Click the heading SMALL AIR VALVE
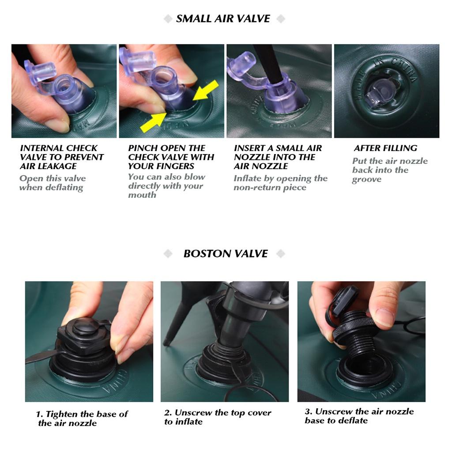pos(223,19)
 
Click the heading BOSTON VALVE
pos(226,254)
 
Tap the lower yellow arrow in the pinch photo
pos(153,122)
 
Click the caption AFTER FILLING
pos(385,148)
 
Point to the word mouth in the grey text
pos(142,195)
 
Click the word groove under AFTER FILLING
pos(367,179)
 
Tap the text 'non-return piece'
pos(270,187)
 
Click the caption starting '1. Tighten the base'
pos(82,418)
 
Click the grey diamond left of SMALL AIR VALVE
pos(168,19)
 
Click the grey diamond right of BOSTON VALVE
pos(280,254)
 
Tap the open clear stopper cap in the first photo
pos(40,72)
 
